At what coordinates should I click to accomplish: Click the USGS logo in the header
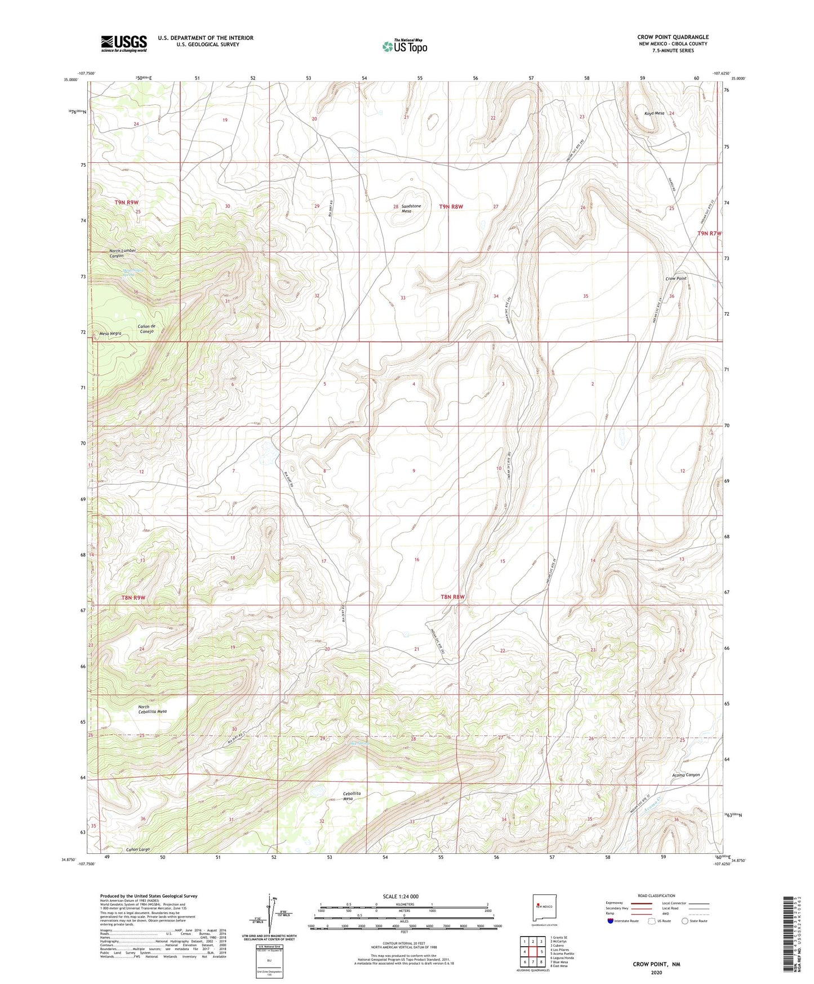(123, 43)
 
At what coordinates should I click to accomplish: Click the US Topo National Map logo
(404, 46)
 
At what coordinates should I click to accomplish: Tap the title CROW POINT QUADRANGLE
(673, 37)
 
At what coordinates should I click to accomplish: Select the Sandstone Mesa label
(411, 209)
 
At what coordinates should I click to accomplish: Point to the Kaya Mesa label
(653, 113)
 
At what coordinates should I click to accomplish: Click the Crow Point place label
(675, 279)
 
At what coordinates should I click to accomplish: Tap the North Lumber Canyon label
(122, 253)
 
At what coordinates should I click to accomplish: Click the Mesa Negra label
(110, 334)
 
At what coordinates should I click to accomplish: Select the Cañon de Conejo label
(146, 329)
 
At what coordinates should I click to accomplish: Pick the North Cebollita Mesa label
(152, 709)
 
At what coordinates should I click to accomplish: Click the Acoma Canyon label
(686, 775)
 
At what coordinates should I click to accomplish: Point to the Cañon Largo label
(137, 849)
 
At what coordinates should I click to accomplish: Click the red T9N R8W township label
(451, 207)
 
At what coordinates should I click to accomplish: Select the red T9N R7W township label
(709, 233)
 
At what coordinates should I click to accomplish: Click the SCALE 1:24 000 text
(401, 896)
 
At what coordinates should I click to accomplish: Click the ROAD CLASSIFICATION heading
(657, 896)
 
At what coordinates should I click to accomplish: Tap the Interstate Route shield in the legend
(611, 921)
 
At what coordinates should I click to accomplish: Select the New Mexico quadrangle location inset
(543, 908)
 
